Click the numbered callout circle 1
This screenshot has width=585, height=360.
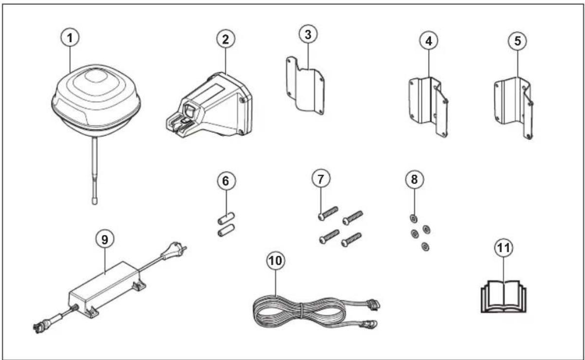pos(70,38)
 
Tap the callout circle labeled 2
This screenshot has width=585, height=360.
pos(226,39)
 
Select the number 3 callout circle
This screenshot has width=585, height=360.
pos(308,35)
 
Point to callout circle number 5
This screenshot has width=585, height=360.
pos(517,41)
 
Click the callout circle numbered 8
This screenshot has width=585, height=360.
pos(414,180)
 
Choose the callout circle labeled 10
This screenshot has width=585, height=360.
pos(276,261)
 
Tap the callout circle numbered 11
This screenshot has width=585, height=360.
pos(503,248)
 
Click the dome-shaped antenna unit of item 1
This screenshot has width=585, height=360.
pos(96,101)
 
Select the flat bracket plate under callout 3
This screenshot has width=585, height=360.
pos(305,86)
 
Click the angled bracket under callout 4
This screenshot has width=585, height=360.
pos(428,107)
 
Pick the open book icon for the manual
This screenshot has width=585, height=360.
pos(503,297)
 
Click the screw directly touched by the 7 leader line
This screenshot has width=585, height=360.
pos(328,214)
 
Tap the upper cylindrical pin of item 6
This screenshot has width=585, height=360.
pos(226,218)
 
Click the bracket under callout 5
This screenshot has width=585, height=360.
pos(514,108)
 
